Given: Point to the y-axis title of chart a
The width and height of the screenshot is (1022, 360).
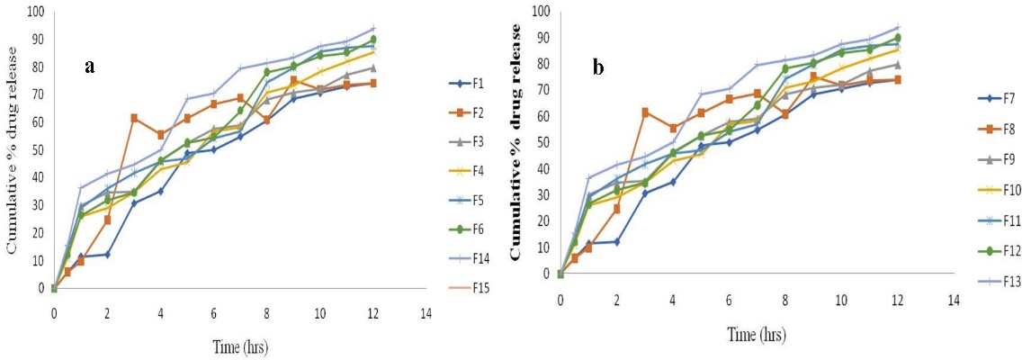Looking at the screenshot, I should pyautogui.click(x=13, y=162).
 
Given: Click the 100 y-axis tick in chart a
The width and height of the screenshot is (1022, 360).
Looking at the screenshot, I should pyautogui.click(x=35, y=12).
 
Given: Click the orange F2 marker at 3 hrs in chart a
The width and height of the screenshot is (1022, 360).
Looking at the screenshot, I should pyautogui.click(x=134, y=118).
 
